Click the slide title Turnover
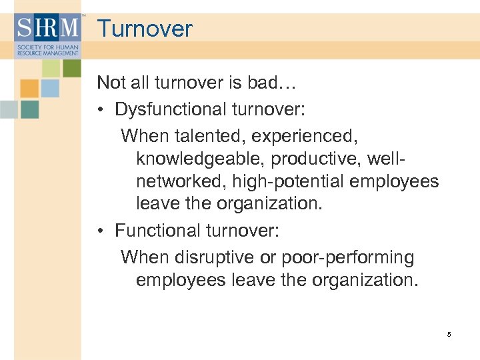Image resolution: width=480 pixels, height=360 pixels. click(145, 29)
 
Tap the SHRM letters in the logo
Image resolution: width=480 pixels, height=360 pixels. click(47, 29)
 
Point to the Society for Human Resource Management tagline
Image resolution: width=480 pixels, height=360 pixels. click(47, 51)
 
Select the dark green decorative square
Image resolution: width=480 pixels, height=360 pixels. click(71, 68)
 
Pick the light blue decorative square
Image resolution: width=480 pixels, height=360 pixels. click(51, 88)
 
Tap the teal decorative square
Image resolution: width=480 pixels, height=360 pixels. click(29, 109)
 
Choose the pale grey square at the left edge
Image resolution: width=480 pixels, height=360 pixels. click(8, 109)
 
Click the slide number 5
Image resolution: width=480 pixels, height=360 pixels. click(449, 334)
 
